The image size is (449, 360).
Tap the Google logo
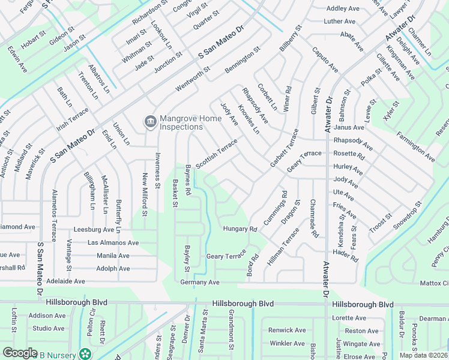click(20, 353)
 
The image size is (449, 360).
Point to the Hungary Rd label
click(240, 229)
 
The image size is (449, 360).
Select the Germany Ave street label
click(200, 282)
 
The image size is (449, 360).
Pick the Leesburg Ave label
click(94, 230)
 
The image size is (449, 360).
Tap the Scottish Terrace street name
click(216, 154)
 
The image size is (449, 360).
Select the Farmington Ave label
click(415, 145)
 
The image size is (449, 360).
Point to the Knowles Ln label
click(248, 118)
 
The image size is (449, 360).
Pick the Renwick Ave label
click(287, 330)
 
